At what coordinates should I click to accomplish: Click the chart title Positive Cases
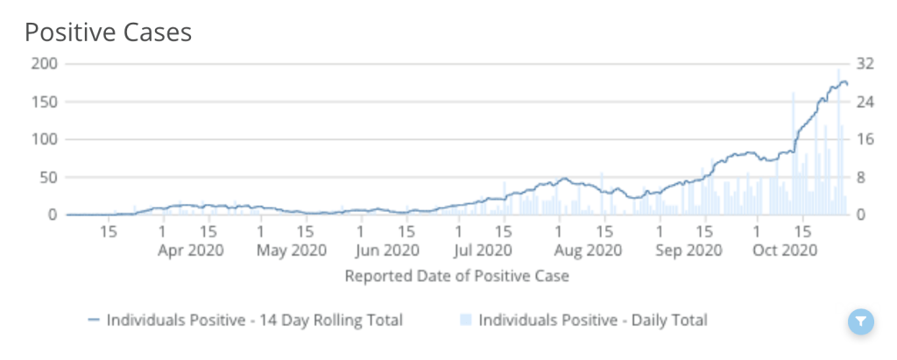[x=108, y=32]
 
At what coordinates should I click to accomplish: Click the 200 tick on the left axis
[x=46, y=64]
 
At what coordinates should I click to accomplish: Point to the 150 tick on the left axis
[x=46, y=102]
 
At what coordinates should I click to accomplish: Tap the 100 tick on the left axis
[x=46, y=139]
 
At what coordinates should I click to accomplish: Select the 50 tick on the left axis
[x=49, y=177]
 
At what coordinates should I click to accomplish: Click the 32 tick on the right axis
[x=865, y=64]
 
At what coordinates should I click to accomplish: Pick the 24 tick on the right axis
[x=865, y=102]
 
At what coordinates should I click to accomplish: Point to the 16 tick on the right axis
[x=865, y=139]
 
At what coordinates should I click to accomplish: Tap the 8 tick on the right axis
[x=862, y=177]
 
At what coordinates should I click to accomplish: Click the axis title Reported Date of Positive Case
[x=457, y=277]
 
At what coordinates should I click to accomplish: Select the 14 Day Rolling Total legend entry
[x=246, y=321]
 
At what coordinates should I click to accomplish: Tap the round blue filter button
[x=862, y=321]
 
